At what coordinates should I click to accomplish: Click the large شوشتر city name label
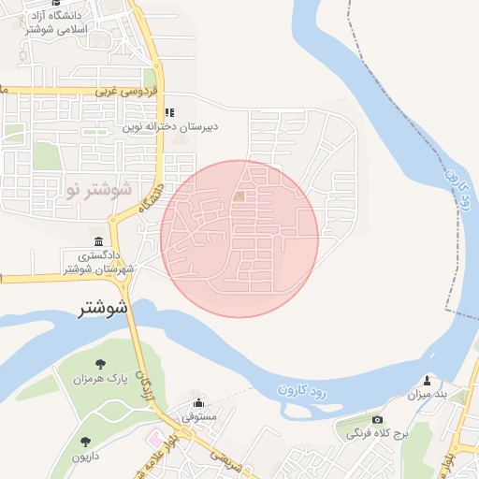98,306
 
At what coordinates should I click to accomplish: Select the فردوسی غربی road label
120,92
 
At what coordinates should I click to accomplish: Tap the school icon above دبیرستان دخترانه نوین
169,112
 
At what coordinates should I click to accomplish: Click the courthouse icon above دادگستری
99,240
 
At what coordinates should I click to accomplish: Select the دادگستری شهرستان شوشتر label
99,262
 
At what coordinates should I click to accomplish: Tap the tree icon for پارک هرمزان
100,363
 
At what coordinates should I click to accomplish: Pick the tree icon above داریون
85,440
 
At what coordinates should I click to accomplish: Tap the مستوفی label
198,414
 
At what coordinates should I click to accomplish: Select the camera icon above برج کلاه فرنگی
377,420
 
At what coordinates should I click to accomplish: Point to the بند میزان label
428,396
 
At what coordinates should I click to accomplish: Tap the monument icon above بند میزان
428,380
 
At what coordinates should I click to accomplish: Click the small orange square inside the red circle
239,196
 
